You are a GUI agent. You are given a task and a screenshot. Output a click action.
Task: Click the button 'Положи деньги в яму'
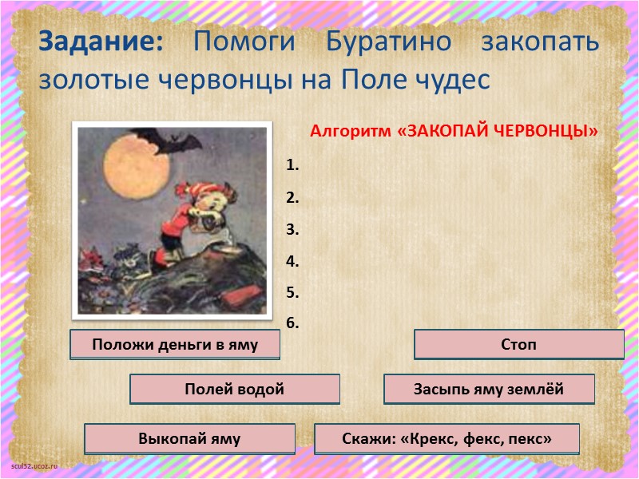(x=175, y=345)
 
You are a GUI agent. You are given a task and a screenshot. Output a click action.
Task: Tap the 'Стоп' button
(x=518, y=345)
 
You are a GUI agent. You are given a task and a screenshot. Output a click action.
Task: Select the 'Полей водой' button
(x=234, y=390)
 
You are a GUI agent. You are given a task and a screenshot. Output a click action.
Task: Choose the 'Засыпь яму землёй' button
(x=489, y=390)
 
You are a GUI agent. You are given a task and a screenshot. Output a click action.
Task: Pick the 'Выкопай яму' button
(x=189, y=438)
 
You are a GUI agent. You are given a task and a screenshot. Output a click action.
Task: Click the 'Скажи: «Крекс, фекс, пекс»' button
(x=447, y=438)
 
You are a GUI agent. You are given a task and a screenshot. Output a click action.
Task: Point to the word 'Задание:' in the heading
(x=101, y=42)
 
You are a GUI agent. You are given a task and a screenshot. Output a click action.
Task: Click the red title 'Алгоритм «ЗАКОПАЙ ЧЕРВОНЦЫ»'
(x=454, y=131)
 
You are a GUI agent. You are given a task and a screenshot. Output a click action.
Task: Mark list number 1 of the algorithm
(x=292, y=166)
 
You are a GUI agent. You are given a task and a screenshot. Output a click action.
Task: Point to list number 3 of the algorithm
(x=292, y=230)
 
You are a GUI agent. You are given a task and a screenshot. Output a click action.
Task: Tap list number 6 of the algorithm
(x=292, y=323)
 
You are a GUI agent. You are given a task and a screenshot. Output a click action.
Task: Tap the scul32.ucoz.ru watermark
(x=34, y=465)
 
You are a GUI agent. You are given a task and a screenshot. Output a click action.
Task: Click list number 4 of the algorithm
(x=292, y=261)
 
